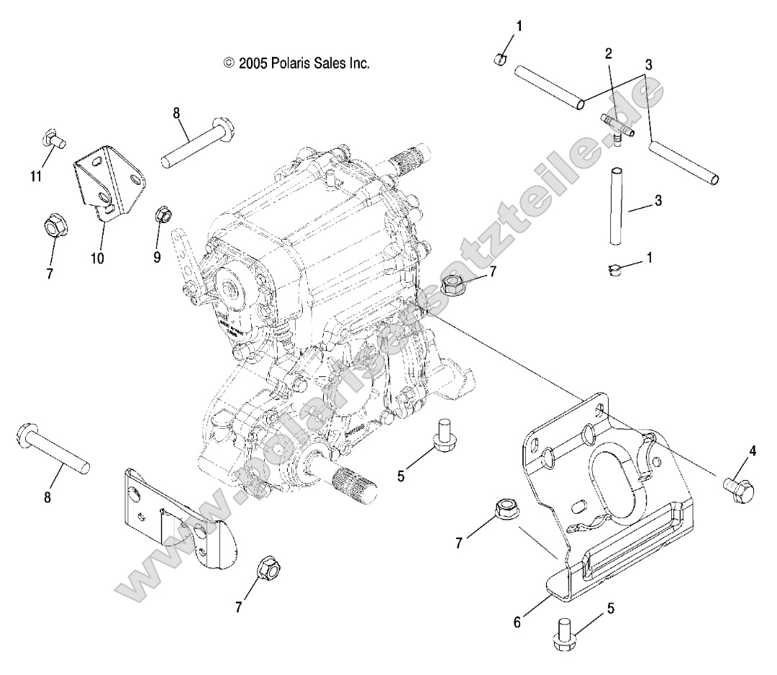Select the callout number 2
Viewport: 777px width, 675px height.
click(608, 53)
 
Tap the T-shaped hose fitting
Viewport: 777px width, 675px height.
click(616, 126)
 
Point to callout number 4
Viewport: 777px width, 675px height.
click(753, 451)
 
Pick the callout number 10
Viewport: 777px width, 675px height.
click(97, 257)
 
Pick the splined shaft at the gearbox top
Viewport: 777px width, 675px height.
click(411, 155)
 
